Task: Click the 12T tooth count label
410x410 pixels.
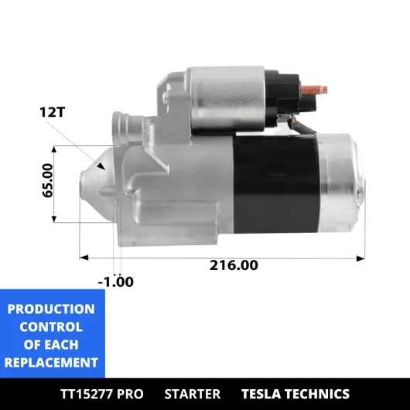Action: click(52, 112)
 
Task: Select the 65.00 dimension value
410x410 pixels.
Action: click(48, 180)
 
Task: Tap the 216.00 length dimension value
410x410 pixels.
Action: click(234, 265)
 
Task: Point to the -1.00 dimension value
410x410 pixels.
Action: click(115, 282)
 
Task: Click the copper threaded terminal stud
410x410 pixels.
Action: click(314, 90)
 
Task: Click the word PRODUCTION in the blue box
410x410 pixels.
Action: click(51, 309)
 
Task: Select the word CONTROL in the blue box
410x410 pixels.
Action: click(51, 327)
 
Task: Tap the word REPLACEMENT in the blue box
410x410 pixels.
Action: click(51, 363)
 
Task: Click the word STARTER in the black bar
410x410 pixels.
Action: click(193, 394)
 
